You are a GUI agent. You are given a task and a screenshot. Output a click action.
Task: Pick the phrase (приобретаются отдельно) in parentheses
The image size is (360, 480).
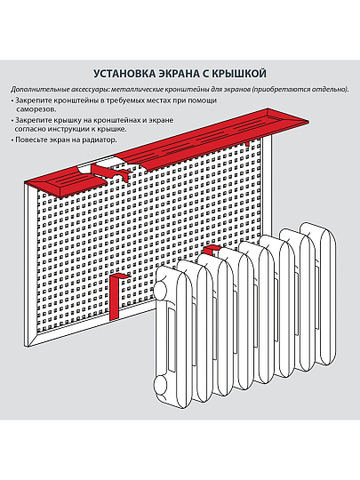pos(301,91)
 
